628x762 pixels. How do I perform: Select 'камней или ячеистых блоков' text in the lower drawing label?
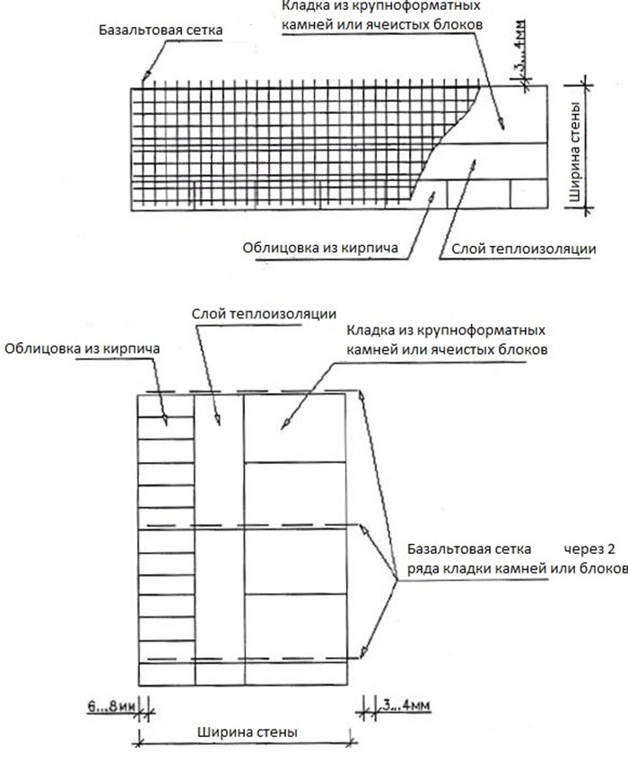click(x=445, y=347)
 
